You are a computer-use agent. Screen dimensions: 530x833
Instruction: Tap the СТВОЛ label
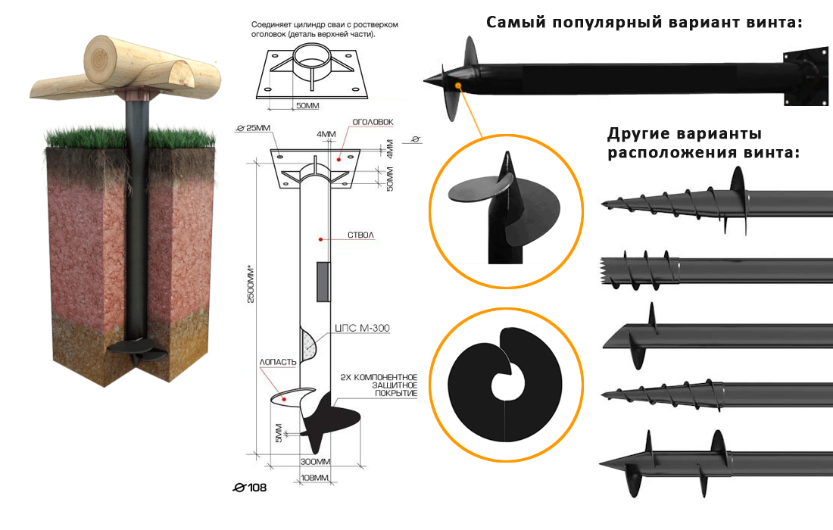click(x=360, y=236)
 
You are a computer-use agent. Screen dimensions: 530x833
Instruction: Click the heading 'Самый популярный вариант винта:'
click(x=644, y=22)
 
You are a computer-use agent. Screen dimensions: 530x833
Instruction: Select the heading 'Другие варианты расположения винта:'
click(x=703, y=143)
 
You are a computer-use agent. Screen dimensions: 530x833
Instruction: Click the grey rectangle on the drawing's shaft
click(x=322, y=280)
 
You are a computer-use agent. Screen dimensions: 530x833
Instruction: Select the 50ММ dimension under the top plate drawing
click(x=307, y=105)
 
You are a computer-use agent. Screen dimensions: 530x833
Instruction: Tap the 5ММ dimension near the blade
click(x=279, y=433)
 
